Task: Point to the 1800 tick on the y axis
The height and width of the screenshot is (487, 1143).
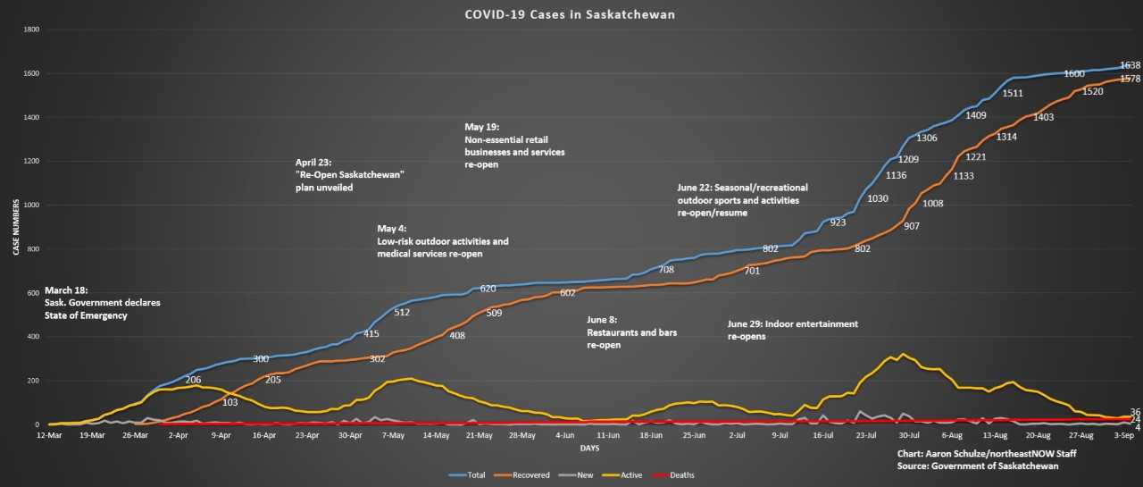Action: (x=30, y=29)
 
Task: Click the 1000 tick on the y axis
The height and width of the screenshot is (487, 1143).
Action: (x=30, y=205)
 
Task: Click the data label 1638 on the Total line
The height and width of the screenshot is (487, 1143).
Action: (x=1130, y=65)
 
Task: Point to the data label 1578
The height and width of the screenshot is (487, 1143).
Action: (x=1130, y=80)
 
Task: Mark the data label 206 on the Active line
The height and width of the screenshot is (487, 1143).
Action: (x=193, y=379)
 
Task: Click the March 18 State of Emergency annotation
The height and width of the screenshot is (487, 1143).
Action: (x=103, y=303)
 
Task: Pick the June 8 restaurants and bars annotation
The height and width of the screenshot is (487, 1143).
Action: (x=631, y=332)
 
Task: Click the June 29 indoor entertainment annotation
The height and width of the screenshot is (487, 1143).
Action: (x=793, y=330)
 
